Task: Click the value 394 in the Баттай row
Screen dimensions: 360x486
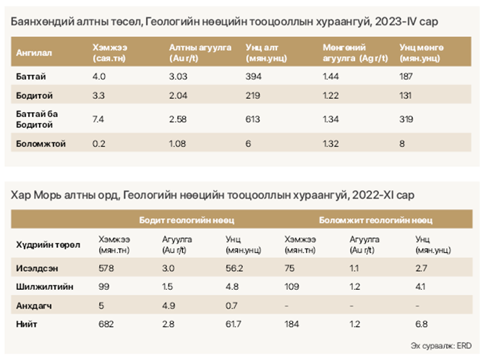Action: click(x=253, y=76)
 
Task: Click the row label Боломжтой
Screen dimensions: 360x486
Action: click(x=40, y=144)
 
